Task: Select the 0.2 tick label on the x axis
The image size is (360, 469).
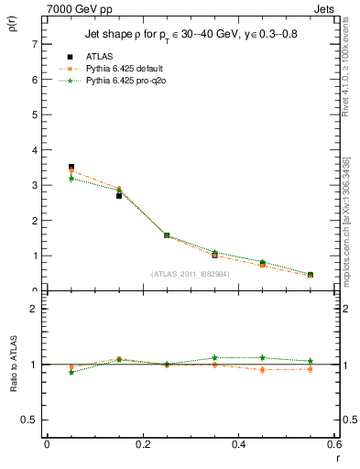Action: pyautogui.click(x=142, y=444)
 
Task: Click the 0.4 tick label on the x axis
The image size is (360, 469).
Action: pyautogui.click(x=238, y=444)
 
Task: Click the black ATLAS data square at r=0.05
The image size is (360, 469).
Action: pyautogui.click(x=71, y=167)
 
